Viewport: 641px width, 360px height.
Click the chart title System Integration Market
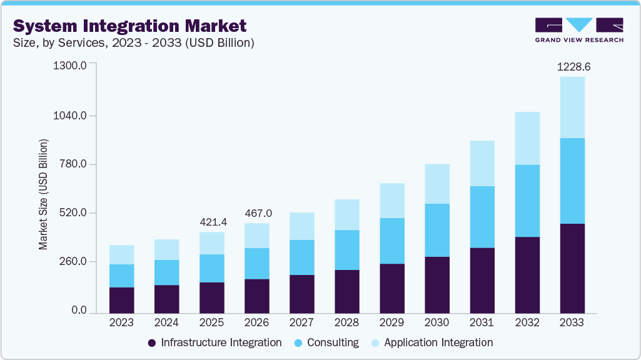tap(129, 26)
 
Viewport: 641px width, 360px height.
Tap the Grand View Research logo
tap(579, 30)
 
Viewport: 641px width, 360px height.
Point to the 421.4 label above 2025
tap(212, 222)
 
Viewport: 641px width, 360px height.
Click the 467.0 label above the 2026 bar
tap(257, 213)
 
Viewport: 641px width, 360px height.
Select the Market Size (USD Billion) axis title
tap(43, 194)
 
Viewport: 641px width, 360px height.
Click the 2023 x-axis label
tap(121, 322)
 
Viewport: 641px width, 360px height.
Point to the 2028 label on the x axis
tap(346, 322)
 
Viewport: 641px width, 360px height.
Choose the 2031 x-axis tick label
tap(482, 322)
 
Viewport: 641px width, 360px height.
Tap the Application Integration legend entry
tap(432, 342)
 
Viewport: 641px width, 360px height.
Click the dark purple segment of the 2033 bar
tap(572, 268)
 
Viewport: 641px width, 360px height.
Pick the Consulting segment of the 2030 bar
tap(437, 229)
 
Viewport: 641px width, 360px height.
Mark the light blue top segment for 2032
tap(527, 138)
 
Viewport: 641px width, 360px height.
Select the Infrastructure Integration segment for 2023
tap(121, 300)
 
